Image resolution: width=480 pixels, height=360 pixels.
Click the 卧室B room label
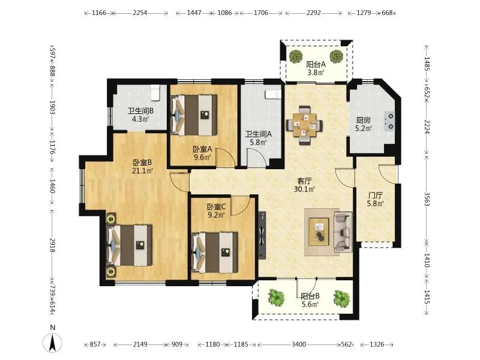pyautogui.click(x=142, y=163)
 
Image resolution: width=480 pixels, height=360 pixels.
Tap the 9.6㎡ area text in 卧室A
pyautogui.click(x=202, y=157)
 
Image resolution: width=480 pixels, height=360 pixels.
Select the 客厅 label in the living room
pyautogui.click(x=305, y=181)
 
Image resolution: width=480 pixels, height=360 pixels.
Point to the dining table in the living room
pyautogui.click(x=304, y=125)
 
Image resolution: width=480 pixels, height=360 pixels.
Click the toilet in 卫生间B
pyautogui.click(x=155, y=92)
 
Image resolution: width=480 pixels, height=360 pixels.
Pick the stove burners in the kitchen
pyautogui.click(x=390, y=121)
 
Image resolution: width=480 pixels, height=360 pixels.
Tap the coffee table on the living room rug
pyautogui.click(x=319, y=232)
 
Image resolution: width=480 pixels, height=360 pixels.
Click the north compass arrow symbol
pyautogui.click(x=53, y=343)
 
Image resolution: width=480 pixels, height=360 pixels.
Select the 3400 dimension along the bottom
pyautogui.click(x=298, y=344)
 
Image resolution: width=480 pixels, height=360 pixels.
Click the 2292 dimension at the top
pyautogui.click(x=313, y=13)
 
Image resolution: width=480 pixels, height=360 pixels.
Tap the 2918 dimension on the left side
pyautogui.click(x=52, y=245)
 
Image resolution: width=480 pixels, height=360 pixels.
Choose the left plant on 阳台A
pyautogui.click(x=296, y=56)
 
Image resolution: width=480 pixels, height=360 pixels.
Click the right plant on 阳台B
pyautogui.click(x=341, y=298)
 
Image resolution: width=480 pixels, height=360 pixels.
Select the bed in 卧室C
pyautogui.click(x=215, y=253)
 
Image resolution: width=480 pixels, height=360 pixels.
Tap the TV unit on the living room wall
pyautogui.click(x=262, y=235)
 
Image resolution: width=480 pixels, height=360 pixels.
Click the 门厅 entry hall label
pyautogui.click(x=376, y=196)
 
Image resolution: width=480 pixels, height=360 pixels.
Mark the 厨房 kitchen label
pyautogui.click(x=363, y=121)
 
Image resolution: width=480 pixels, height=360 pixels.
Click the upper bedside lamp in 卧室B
pyautogui.click(x=110, y=219)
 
